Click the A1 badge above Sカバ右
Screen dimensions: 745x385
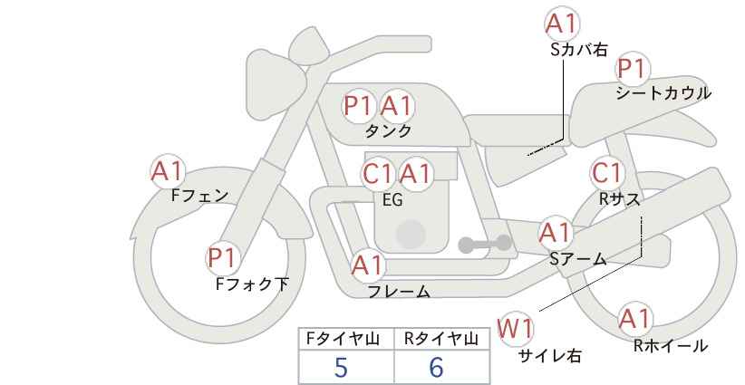point(562,24)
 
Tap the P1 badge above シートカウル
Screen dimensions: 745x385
point(633,69)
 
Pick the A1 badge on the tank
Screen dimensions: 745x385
point(397,105)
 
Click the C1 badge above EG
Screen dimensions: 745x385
point(379,173)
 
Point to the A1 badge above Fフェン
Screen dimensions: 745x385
point(168,171)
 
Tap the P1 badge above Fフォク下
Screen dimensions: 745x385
point(222,258)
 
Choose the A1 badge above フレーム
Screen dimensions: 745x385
point(368,265)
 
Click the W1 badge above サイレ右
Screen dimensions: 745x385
point(515,329)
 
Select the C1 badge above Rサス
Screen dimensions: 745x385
point(606,173)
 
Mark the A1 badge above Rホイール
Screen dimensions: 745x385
point(634,319)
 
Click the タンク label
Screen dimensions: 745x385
point(388,131)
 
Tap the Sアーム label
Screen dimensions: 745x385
point(578,259)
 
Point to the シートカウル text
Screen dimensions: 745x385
point(663,93)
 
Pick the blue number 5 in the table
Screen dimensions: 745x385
point(341,367)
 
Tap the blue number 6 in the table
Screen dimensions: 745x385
point(436,367)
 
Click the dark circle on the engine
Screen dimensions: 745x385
point(411,234)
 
